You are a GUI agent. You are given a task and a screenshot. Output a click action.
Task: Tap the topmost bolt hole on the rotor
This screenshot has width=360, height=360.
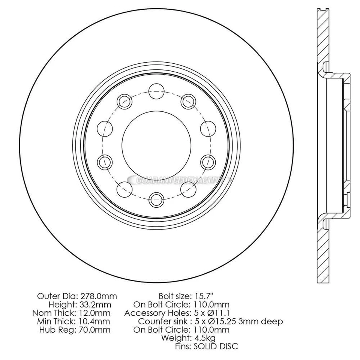[156, 90]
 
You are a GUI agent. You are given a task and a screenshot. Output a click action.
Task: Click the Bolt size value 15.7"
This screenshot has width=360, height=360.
[205, 296]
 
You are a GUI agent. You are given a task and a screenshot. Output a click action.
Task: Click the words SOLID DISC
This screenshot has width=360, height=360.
[216, 346]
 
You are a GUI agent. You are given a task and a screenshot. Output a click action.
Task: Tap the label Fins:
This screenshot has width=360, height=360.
[183, 346]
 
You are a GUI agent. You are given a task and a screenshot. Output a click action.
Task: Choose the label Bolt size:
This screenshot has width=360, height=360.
[175, 296]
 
